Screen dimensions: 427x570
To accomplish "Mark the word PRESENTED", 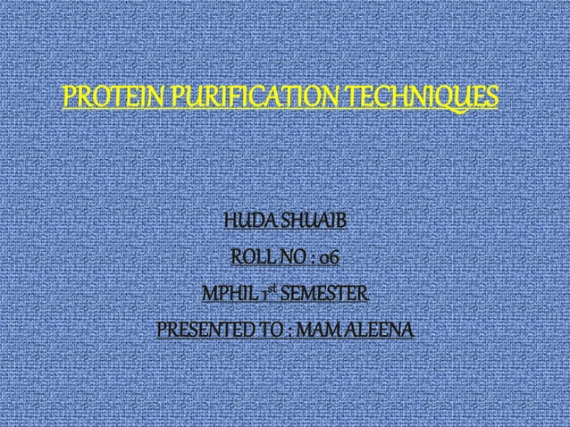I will click(201, 331).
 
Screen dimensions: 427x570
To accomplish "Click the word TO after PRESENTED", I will click(267, 331).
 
